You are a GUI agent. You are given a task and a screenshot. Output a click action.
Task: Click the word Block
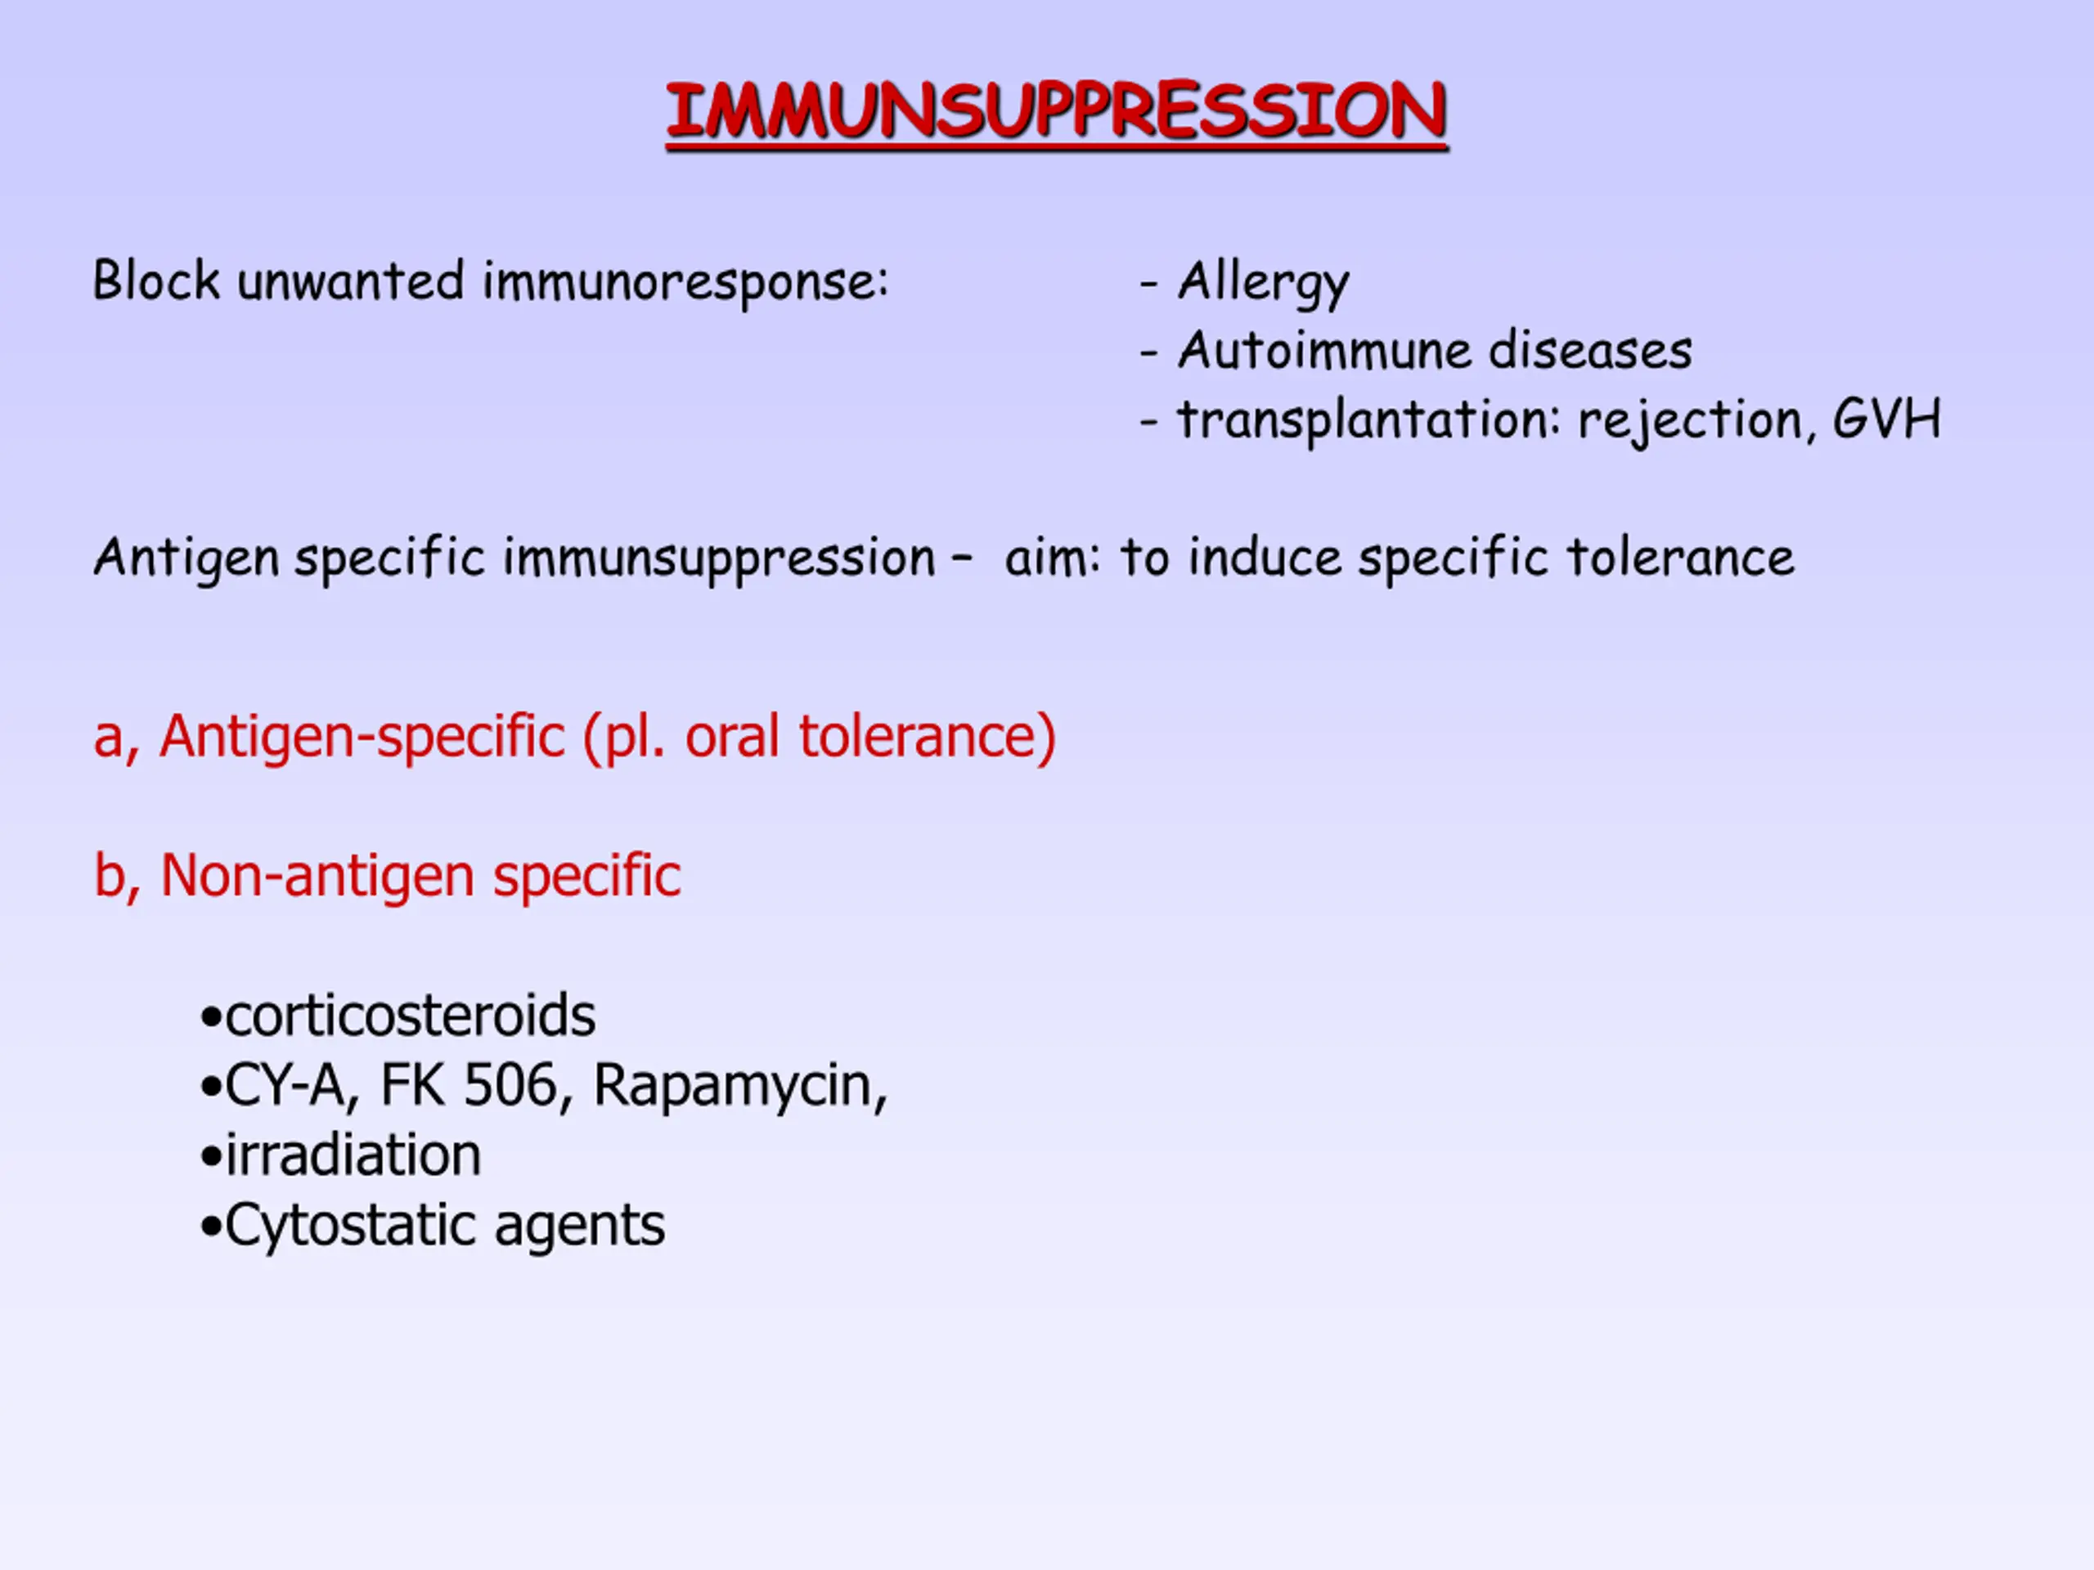(156, 280)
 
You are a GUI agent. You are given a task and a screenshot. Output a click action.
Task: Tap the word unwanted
(351, 282)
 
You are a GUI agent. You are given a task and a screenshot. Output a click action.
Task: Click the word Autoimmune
(1324, 350)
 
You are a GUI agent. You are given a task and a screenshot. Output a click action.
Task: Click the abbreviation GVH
(1887, 419)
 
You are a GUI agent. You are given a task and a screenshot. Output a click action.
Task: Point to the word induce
(1265, 558)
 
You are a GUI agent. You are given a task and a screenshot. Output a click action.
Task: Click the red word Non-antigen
(317, 877)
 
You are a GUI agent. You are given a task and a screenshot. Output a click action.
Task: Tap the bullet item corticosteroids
(398, 1016)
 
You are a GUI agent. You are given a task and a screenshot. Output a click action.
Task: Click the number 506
(510, 1085)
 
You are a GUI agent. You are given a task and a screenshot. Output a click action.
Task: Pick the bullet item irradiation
(341, 1155)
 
